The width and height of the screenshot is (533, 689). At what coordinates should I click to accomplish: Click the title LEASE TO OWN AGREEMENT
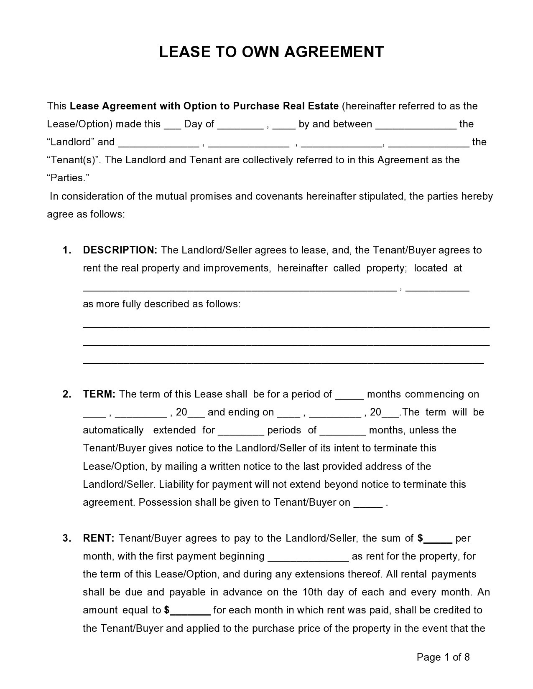(271, 52)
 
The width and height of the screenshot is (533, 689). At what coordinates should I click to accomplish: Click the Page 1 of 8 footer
(443, 657)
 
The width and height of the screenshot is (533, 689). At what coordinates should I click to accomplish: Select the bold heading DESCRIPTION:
(120, 250)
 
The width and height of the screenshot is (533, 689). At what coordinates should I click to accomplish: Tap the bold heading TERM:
(99, 394)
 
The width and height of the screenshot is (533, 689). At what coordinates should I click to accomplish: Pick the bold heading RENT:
(99, 538)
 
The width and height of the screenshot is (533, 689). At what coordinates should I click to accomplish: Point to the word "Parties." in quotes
(68, 178)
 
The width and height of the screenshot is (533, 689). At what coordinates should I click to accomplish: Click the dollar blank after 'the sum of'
(438, 540)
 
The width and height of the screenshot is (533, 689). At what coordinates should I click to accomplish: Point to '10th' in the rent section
(310, 592)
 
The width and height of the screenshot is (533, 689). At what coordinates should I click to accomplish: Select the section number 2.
(67, 394)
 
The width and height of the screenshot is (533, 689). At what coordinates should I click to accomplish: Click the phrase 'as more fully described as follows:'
(162, 304)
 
